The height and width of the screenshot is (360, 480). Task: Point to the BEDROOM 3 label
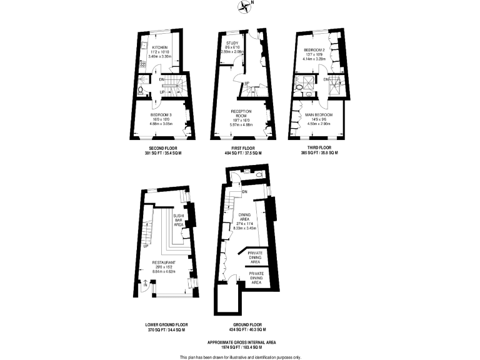(160, 114)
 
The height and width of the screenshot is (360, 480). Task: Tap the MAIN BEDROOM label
(318, 115)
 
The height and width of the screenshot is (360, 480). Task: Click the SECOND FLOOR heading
(160, 148)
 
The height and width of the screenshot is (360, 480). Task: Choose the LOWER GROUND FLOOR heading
(166, 324)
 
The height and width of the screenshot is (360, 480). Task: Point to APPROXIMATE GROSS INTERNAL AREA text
(240, 342)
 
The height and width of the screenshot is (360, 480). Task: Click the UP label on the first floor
(247, 84)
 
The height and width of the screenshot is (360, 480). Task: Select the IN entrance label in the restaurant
(145, 284)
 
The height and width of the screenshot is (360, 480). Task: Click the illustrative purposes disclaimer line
(240, 357)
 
